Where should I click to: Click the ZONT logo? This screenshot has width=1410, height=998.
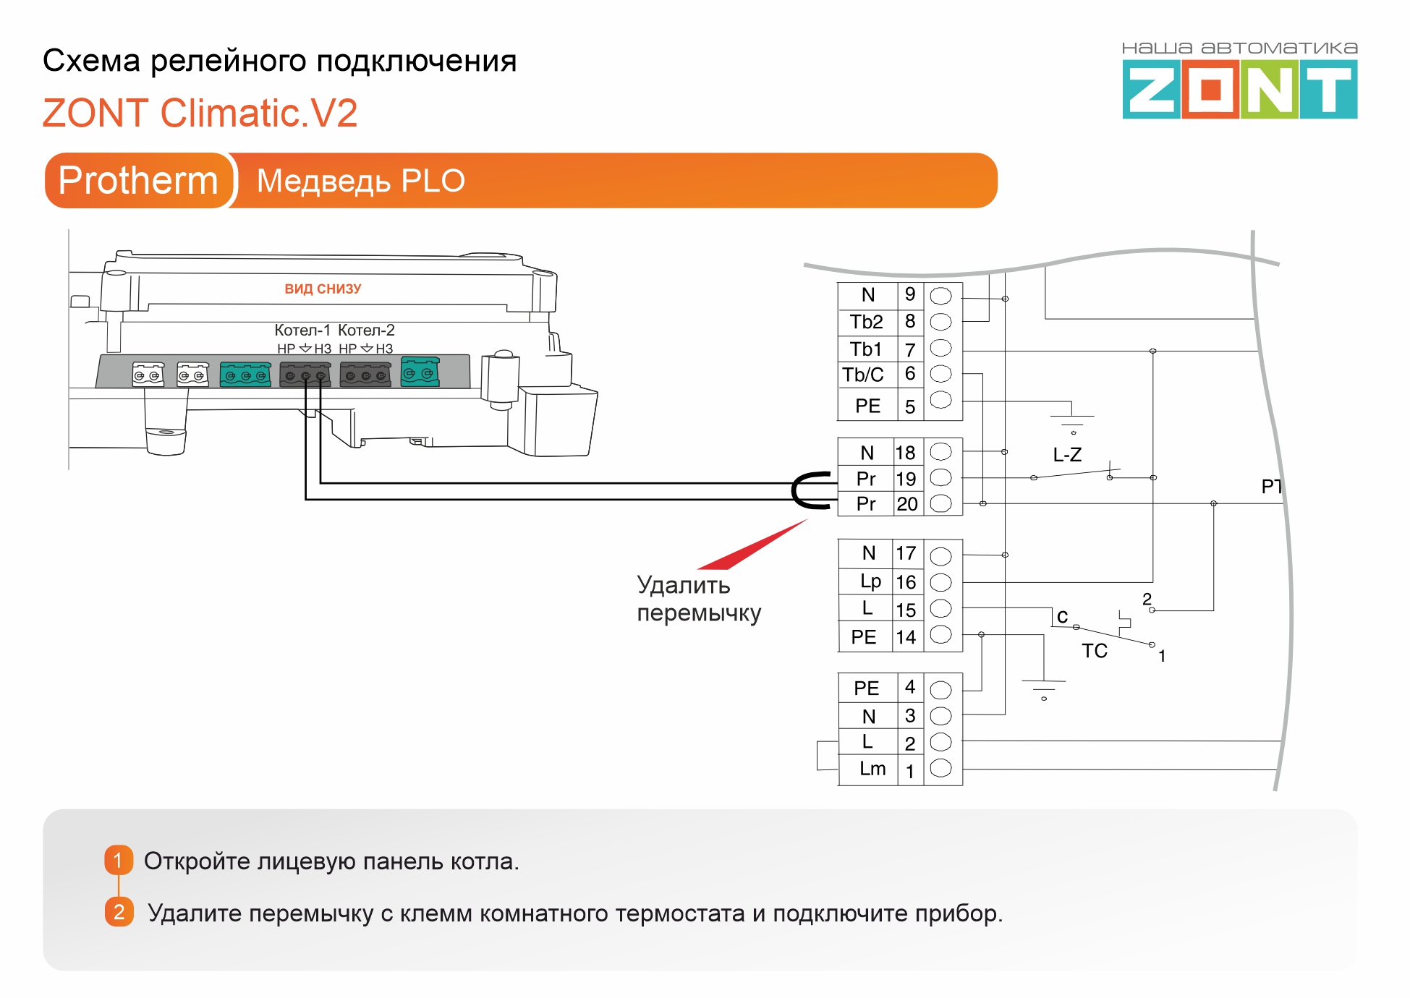click(1239, 88)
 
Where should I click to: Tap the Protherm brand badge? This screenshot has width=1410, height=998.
click(138, 180)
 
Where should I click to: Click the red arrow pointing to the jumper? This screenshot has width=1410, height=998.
click(752, 545)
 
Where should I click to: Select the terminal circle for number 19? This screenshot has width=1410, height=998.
click(940, 477)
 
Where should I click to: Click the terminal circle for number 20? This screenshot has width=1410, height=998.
click(940, 503)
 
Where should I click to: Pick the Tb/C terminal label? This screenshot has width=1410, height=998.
click(863, 375)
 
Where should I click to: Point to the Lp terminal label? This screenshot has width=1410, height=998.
click(870, 581)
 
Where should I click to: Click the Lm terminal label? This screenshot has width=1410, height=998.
click(872, 769)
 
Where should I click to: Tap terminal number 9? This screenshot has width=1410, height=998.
click(910, 294)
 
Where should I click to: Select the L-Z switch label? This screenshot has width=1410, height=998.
click(1067, 455)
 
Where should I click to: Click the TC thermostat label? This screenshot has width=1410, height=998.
click(1095, 651)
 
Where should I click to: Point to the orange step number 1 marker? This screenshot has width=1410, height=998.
click(119, 861)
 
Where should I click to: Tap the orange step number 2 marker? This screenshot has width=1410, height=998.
click(119, 912)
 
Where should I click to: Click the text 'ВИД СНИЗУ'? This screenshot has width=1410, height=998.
click(323, 289)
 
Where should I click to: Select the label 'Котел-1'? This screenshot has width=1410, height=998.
click(302, 330)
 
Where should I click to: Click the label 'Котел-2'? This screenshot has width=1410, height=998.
click(366, 330)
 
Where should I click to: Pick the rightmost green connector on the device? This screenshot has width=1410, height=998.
click(420, 372)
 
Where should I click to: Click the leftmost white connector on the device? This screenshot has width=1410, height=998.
click(148, 375)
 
